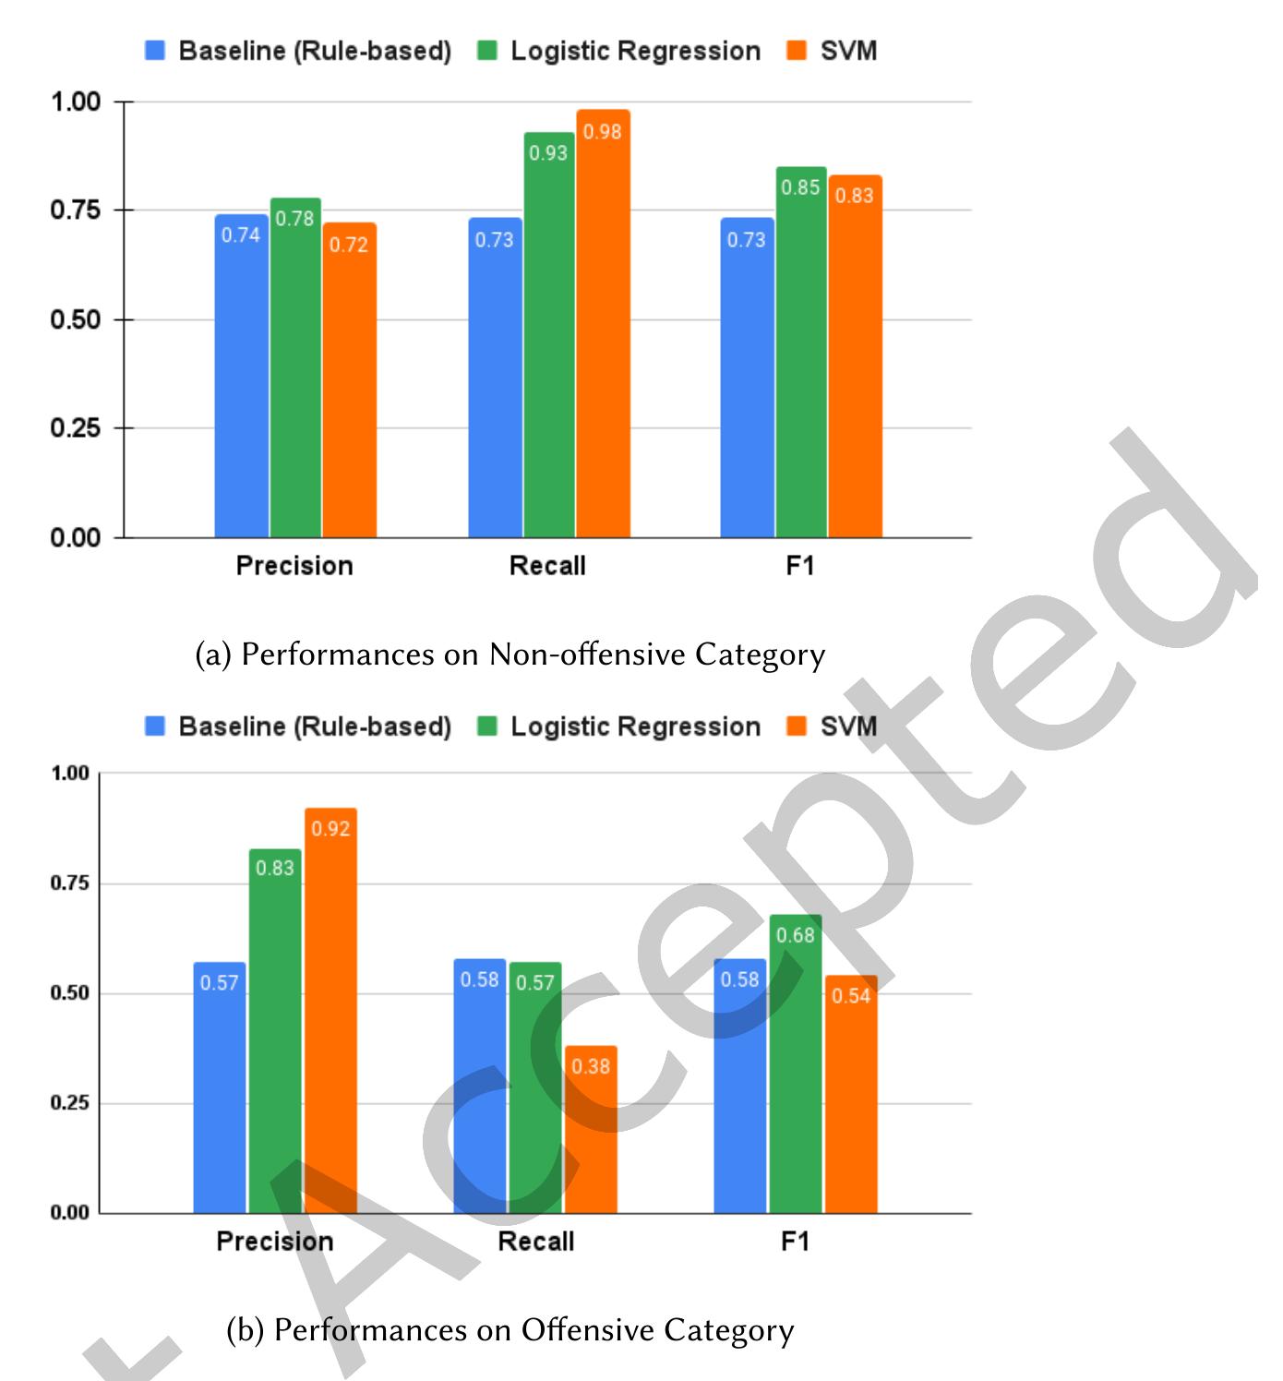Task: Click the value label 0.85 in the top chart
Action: [x=800, y=187]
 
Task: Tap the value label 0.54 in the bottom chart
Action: [x=851, y=996]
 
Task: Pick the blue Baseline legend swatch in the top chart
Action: [x=155, y=51]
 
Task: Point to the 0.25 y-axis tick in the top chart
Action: [x=75, y=428]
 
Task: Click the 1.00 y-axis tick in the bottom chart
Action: [x=70, y=774]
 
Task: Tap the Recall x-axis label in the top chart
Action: [x=547, y=565]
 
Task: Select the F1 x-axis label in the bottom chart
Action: [x=795, y=1241]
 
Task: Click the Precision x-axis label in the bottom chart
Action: [x=275, y=1241]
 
